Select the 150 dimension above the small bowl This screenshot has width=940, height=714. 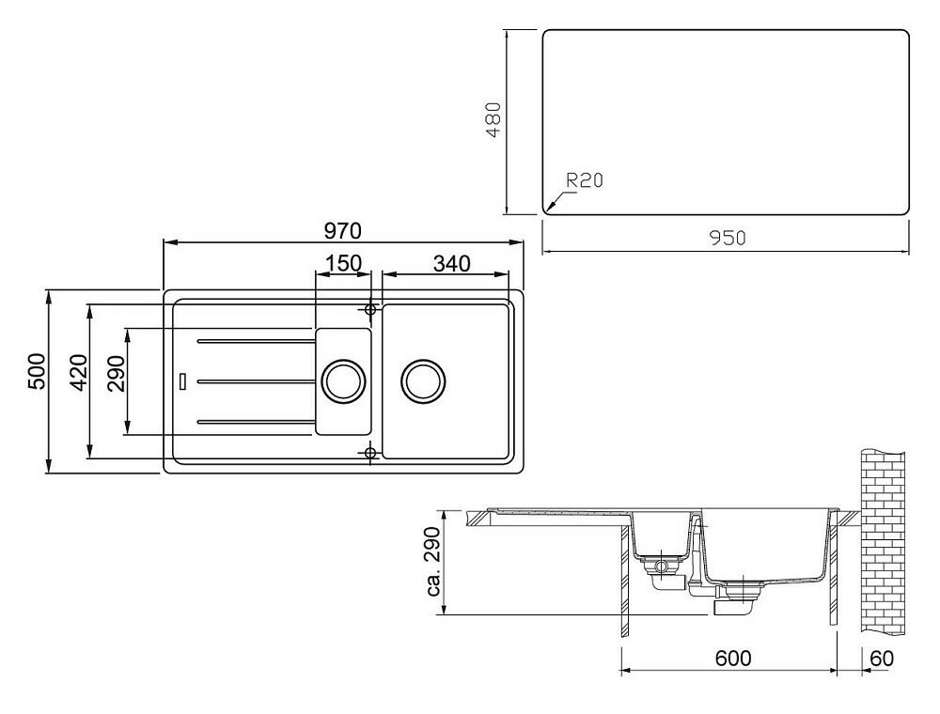click(343, 263)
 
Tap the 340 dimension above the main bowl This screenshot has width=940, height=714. click(451, 263)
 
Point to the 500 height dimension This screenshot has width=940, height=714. click(36, 375)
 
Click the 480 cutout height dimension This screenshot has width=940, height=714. click(497, 121)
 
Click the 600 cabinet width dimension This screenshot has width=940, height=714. click(732, 659)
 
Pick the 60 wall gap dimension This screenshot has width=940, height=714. click(881, 659)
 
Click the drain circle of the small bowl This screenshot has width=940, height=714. click(341, 380)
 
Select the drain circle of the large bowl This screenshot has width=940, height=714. click(422, 380)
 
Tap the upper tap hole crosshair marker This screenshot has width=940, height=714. click(370, 309)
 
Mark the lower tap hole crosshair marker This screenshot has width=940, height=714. click(370, 454)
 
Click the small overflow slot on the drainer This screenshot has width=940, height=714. click(183, 380)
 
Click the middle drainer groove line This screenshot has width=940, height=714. click(254, 380)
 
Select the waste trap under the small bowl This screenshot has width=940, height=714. click(663, 567)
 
